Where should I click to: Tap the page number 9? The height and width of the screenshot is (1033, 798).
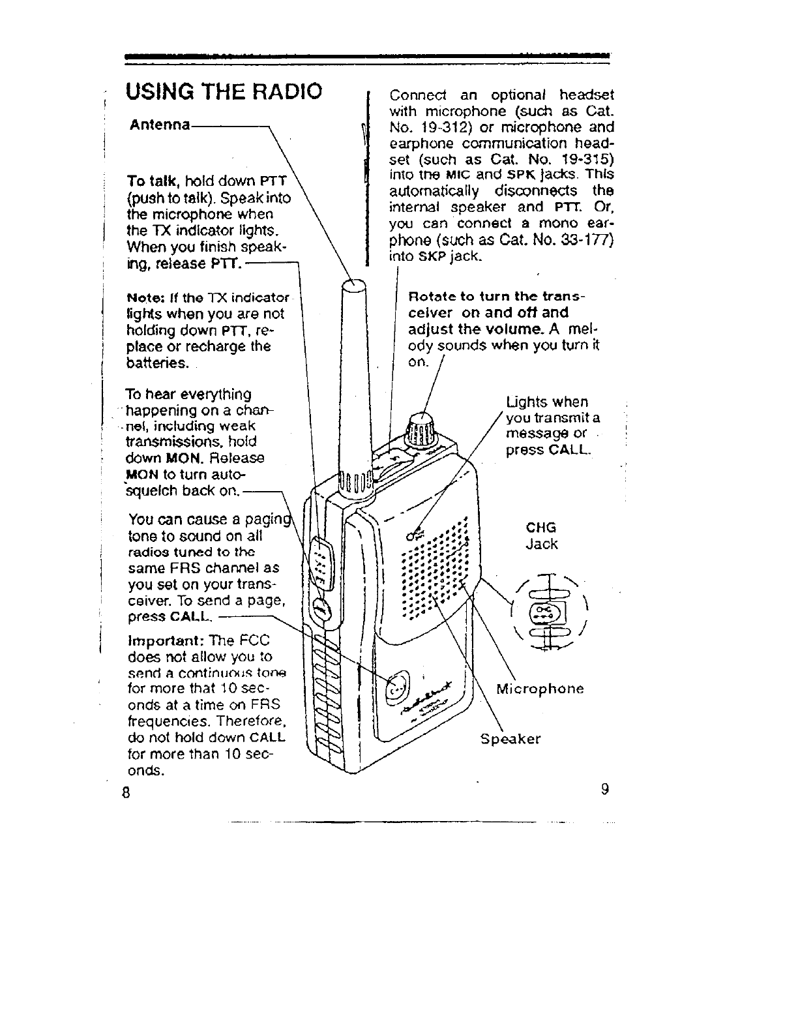tap(605, 790)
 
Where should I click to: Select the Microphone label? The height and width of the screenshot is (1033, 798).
tap(540, 689)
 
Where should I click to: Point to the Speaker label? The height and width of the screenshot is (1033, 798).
tap(510, 739)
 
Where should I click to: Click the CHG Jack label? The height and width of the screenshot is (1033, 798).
tap(541, 535)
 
